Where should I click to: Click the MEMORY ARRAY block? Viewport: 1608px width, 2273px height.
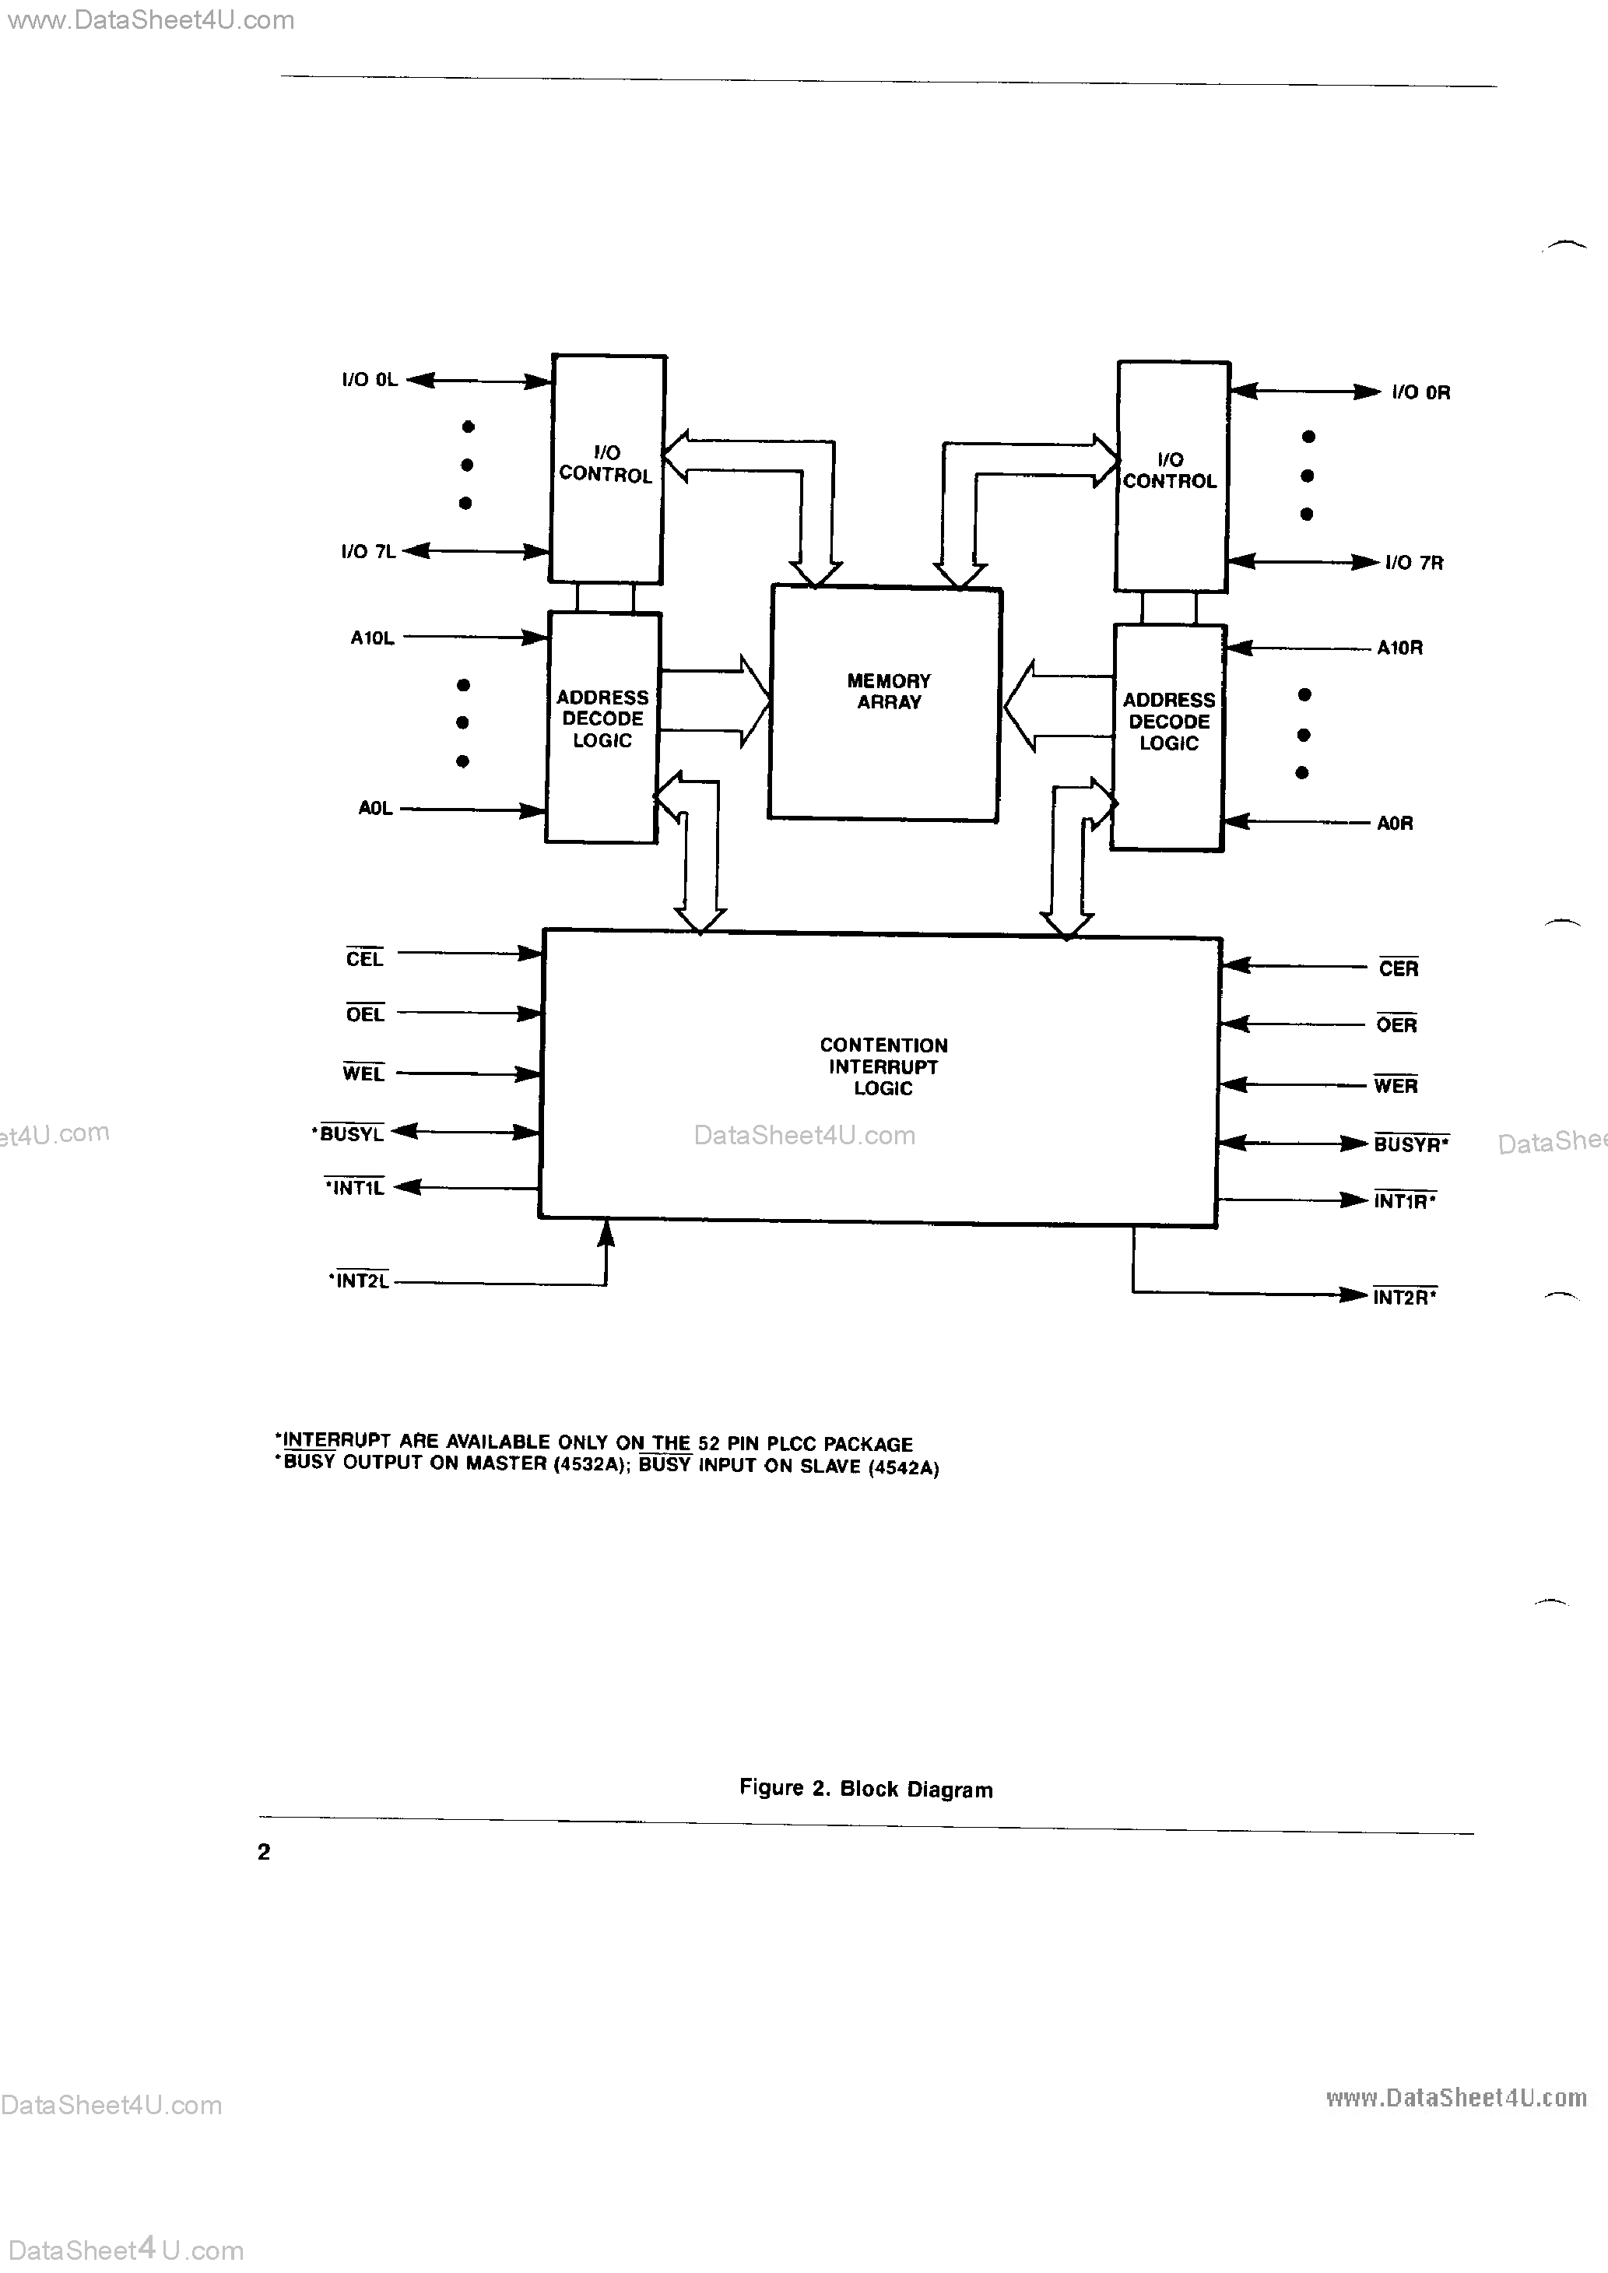(x=885, y=703)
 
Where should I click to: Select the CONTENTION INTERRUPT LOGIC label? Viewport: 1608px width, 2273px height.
(x=883, y=1066)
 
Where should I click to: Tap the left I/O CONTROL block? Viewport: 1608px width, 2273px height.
(x=606, y=469)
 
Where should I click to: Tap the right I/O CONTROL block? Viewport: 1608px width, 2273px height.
(x=1171, y=475)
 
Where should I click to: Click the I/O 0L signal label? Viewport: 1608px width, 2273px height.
(x=370, y=380)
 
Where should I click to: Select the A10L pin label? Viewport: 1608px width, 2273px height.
(x=372, y=638)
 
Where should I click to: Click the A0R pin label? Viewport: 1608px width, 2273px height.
(x=1394, y=824)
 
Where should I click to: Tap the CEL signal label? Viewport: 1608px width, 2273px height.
(x=364, y=958)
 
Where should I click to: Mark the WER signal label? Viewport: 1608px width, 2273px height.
(x=1395, y=1086)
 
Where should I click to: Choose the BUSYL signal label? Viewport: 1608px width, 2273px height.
(x=350, y=1134)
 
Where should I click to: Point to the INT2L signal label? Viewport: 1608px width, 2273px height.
(x=361, y=1281)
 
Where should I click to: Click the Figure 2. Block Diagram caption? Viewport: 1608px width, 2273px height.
(x=865, y=1789)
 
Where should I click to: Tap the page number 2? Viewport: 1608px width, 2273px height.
(x=263, y=1852)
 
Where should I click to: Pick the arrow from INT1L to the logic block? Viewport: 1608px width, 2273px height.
(x=465, y=1187)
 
